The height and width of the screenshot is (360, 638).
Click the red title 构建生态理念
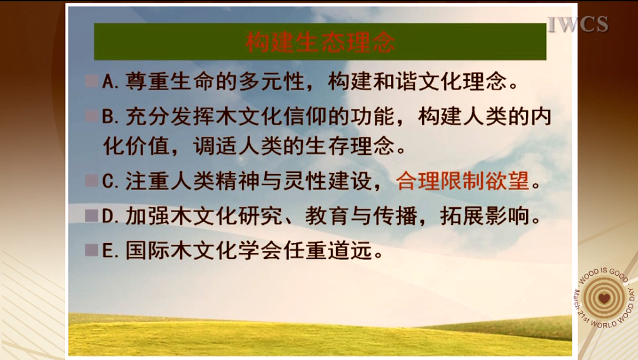(x=320, y=42)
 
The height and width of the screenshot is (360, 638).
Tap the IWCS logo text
(x=578, y=24)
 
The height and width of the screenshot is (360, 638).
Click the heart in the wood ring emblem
(x=604, y=298)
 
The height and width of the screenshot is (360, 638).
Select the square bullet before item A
(x=91, y=81)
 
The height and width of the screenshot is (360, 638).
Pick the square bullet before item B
(x=91, y=116)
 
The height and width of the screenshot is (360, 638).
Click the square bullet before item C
(x=91, y=180)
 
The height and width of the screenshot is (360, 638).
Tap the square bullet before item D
(x=91, y=215)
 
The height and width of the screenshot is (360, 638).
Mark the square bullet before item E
(x=91, y=250)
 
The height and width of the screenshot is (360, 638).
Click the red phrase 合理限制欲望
(x=463, y=181)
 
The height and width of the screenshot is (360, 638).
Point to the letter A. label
(x=111, y=81)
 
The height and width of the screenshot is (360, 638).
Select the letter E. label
(x=111, y=250)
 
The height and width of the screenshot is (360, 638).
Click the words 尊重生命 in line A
(x=170, y=81)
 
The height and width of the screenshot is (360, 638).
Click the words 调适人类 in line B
(x=238, y=146)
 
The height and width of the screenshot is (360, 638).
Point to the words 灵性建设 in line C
(x=328, y=181)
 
